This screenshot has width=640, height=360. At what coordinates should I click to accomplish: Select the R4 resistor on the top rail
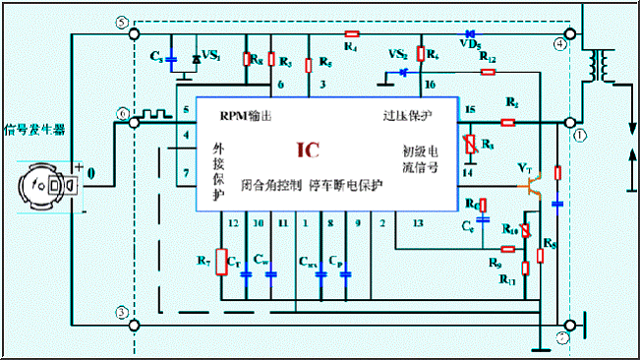tap(351, 33)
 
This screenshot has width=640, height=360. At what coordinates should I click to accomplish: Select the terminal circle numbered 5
tap(121, 22)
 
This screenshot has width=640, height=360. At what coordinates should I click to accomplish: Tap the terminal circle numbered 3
tap(121, 313)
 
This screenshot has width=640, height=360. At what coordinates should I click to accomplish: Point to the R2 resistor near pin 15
tap(508, 123)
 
